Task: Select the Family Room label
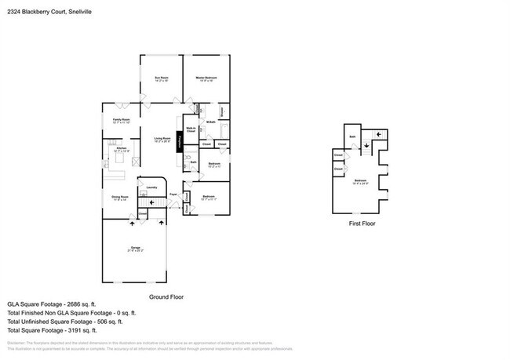[x=120, y=120]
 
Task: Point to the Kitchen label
[x=122, y=148]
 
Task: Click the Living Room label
[x=162, y=139]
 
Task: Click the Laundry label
[x=152, y=187]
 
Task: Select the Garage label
[x=135, y=248]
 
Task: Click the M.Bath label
[x=210, y=121]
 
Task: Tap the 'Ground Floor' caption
[x=166, y=297]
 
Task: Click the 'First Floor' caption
[x=362, y=224]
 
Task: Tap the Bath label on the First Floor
[x=353, y=137]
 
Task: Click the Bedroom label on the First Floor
[x=360, y=181]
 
